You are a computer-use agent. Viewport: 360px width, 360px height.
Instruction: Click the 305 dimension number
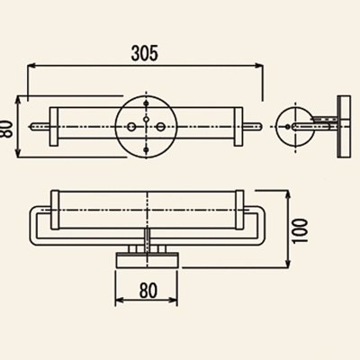(x=144, y=53)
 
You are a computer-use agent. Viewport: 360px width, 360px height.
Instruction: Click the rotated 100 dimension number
(x=300, y=231)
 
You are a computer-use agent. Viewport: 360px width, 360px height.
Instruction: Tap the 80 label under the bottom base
(x=148, y=291)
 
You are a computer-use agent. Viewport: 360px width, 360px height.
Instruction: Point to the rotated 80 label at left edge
(x=5, y=129)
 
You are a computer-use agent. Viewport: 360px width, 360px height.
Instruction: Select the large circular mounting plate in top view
(x=147, y=127)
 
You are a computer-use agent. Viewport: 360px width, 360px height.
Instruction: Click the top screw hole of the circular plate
(x=147, y=103)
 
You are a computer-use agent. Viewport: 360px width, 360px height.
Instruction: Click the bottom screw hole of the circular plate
(x=147, y=149)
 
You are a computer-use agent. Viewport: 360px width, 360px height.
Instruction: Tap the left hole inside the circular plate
(x=131, y=127)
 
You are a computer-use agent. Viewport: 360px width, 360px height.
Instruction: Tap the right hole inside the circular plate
(x=160, y=127)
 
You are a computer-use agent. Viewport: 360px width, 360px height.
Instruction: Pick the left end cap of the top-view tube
(x=54, y=127)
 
